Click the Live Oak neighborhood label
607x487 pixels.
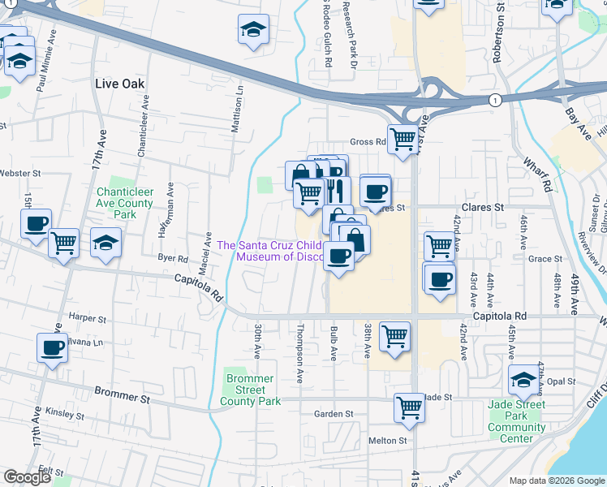click(118, 84)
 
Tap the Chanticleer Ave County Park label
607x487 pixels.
click(125, 203)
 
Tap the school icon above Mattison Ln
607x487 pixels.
click(253, 32)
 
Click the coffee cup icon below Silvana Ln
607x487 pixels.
click(53, 348)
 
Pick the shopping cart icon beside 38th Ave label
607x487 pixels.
click(394, 335)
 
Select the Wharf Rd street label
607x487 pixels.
click(536, 174)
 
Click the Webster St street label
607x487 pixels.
click(20, 174)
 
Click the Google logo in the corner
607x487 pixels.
click(28, 478)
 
